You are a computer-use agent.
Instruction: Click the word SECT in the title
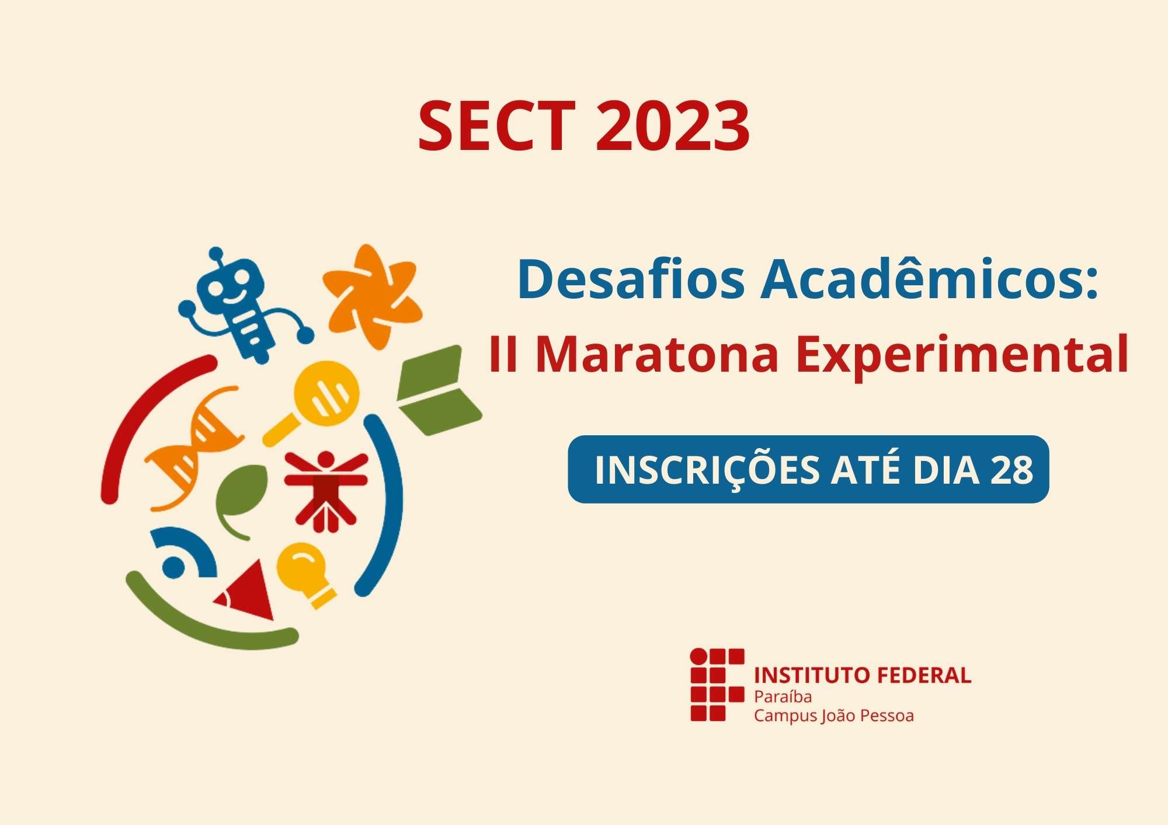point(497,125)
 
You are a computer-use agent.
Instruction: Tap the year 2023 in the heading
point(673,125)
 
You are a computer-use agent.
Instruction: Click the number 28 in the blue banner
point(1011,470)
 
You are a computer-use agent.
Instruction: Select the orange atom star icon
point(373,296)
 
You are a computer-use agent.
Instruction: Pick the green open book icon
point(438,390)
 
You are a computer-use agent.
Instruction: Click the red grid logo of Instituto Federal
point(717,684)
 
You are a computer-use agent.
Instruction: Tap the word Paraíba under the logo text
point(783,697)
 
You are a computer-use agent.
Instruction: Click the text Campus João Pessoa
point(833,716)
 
